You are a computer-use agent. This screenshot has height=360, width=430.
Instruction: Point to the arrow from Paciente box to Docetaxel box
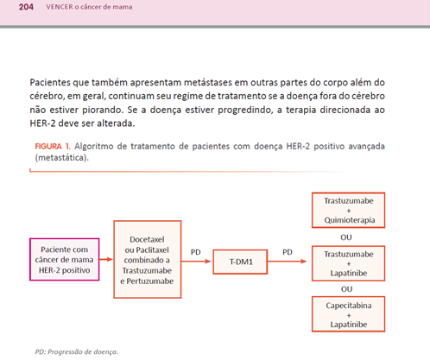pyautogui.click(x=102, y=260)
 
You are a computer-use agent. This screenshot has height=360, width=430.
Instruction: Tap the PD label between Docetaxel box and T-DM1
pyautogui.click(x=196, y=254)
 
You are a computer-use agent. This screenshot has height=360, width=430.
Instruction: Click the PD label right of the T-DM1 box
pyautogui.click(x=286, y=254)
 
